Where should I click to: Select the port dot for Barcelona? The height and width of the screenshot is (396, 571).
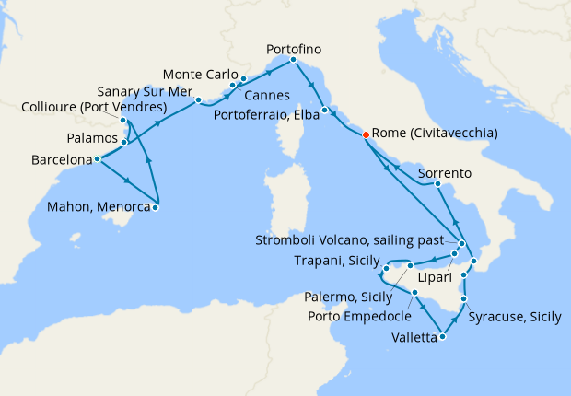(97, 159)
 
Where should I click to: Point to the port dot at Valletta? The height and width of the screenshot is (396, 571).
(443, 336)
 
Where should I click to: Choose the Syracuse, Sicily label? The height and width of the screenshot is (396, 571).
(515, 317)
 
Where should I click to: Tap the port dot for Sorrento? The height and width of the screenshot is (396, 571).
(437, 185)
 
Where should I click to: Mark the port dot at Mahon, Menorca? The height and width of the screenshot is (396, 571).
(155, 207)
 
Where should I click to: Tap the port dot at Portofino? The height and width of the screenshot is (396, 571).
(293, 60)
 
